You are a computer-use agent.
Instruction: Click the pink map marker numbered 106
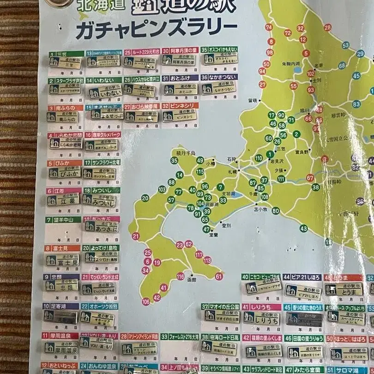(x=146, y=302)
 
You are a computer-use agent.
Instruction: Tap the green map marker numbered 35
(x=174, y=161)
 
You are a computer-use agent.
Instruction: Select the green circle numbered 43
(x=303, y=229)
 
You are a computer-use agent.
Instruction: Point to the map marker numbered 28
(x=327, y=27)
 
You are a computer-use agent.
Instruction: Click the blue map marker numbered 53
(x=346, y=45)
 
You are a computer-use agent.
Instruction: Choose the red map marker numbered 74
(x=269, y=27)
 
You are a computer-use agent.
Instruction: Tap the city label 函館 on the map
(x=192, y=280)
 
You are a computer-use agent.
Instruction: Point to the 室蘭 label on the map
(x=213, y=235)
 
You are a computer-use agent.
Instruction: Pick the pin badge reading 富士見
(x=62, y=260)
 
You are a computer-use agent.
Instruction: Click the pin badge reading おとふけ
(x=181, y=89)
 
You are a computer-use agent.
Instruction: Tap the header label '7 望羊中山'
(x=63, y=220)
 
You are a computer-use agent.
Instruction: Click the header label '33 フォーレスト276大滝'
(x=180, y=337)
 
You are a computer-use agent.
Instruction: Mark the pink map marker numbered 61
(x=219, y=276)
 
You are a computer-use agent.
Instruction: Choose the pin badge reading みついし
(x=99, y=200)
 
